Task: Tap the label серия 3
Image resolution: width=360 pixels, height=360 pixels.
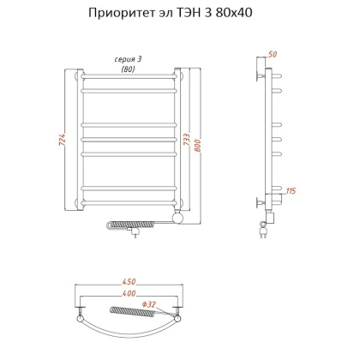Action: [x=129, y=58]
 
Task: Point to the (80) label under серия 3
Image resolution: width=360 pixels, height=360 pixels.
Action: [x=129, y=69]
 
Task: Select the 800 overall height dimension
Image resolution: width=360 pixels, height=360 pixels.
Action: [x=201, y=146]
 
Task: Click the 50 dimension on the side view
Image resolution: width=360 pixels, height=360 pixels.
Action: [x=273, y=55]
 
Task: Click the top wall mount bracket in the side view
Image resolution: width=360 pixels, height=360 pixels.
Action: [x=261, y=73]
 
